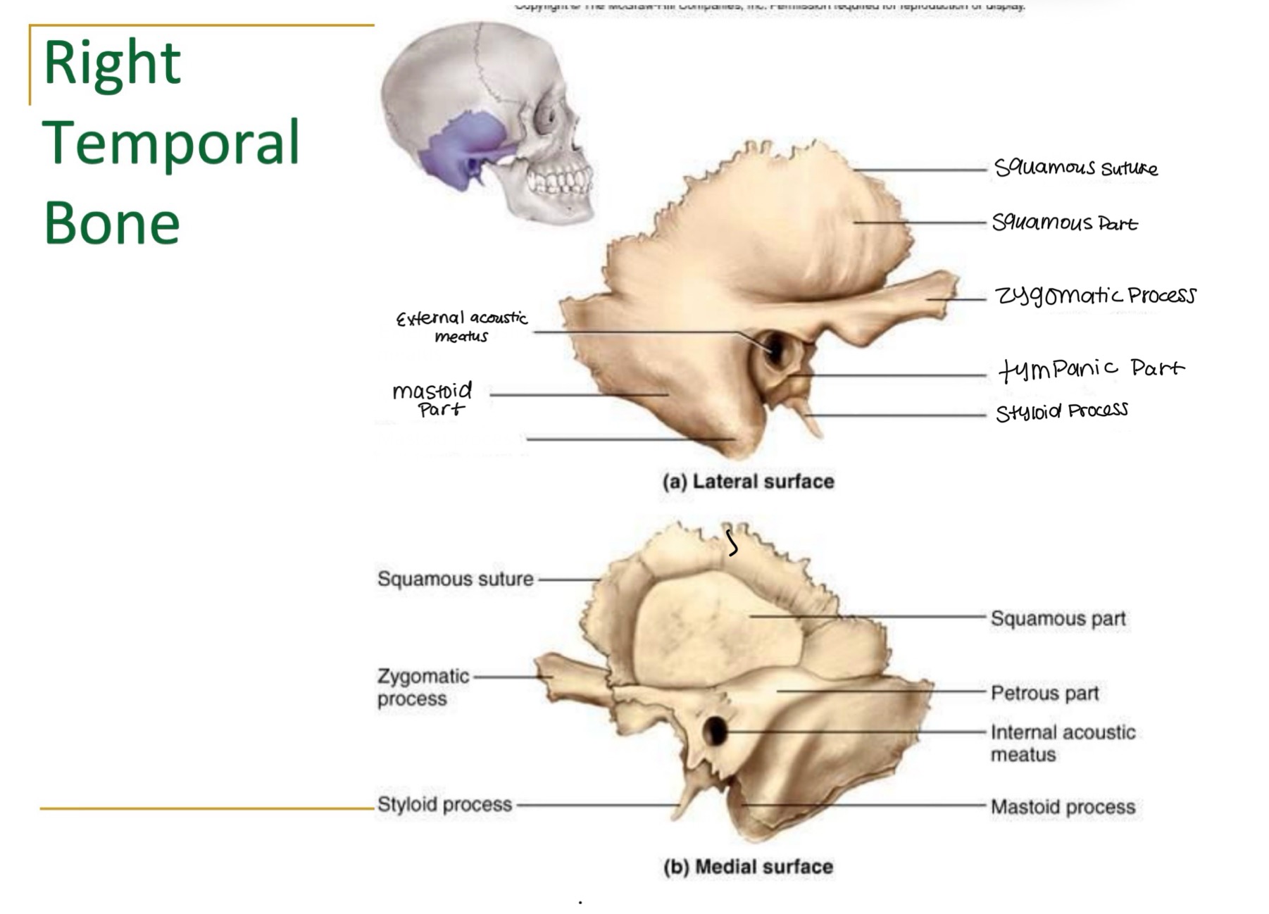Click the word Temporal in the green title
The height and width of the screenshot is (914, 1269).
tap(171, 144)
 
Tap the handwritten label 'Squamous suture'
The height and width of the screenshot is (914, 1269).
tap(1075, 168)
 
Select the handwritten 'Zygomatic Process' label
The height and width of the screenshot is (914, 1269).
tap(1095, 295)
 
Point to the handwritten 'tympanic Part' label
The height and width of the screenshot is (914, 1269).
tap(1091, 368)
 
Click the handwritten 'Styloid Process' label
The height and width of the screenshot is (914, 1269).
tap(1061, 411)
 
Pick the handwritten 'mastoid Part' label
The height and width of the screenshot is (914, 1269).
tap(432, 399)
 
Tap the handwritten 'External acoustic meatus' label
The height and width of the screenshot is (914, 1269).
tap(462, 327)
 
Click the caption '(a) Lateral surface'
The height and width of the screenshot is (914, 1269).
tap(748, 482)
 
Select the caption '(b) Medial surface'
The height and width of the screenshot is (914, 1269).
tap(748, 867)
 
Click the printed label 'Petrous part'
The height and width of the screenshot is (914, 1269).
tap(1044, 694)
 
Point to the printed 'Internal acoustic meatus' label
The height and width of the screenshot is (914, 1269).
tap(1062, 743)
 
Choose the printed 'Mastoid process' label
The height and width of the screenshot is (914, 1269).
tap(1063, 807)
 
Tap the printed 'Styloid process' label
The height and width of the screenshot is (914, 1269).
tap(444, 804)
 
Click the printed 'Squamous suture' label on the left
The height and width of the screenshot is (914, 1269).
tap(455, 579)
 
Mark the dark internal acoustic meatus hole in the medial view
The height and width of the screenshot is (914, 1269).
tap(715, 731)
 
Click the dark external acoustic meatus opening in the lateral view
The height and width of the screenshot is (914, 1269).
tap(775, 348)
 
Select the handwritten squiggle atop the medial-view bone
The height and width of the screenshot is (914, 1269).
tap(732, 543)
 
